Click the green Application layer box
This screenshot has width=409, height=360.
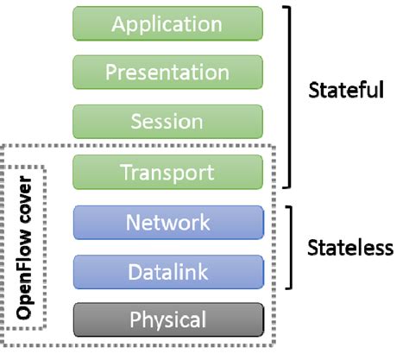coord(167,23)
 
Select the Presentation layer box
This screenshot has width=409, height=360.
coord(167,73)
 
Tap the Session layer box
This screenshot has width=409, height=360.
coord(167,122)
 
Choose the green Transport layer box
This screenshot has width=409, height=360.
coord(167,172)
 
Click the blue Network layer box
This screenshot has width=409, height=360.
coord(167,222)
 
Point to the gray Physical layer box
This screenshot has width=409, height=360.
coord(167,320)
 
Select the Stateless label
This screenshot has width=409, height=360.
coord(350,248)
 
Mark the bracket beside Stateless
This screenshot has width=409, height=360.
coord(295,247)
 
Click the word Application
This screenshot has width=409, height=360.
coord(167,23)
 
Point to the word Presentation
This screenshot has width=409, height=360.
coord(167,73)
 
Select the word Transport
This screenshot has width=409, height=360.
coord(167,172)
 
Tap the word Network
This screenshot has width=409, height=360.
coord(167,222)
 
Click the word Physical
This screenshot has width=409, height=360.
coord(167,320)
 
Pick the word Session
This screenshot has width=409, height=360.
coord(167,122)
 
